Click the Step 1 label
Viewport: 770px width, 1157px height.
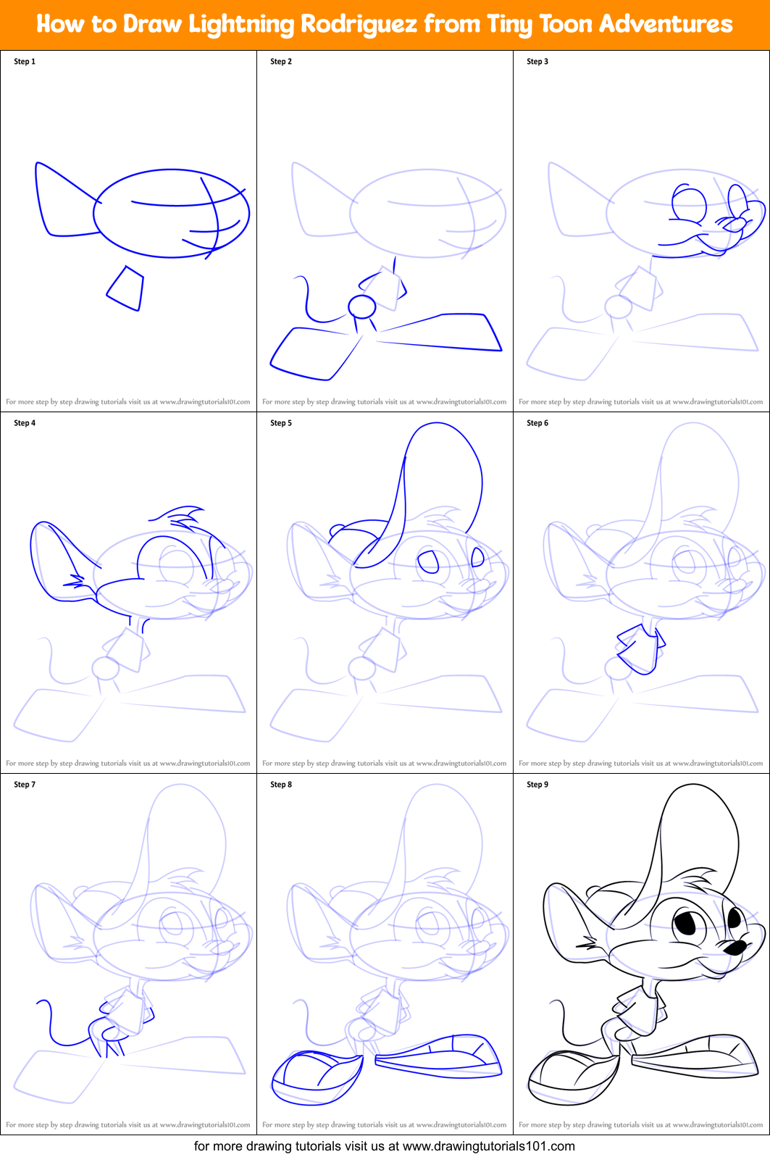click(x=25, y=62)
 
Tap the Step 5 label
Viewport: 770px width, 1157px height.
click(x=281, y=423)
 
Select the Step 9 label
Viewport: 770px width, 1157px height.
click(x=537, y=785)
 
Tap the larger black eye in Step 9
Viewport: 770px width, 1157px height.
click(x=686, y=923)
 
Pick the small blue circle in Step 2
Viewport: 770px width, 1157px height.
click(x=361, y=307)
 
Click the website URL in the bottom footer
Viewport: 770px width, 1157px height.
click(x=488, y=1146)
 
